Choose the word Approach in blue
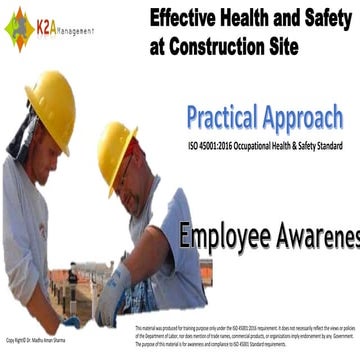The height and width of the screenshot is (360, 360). (x=311, y=117)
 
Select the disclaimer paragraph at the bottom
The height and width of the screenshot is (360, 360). (x=245, y=336)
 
